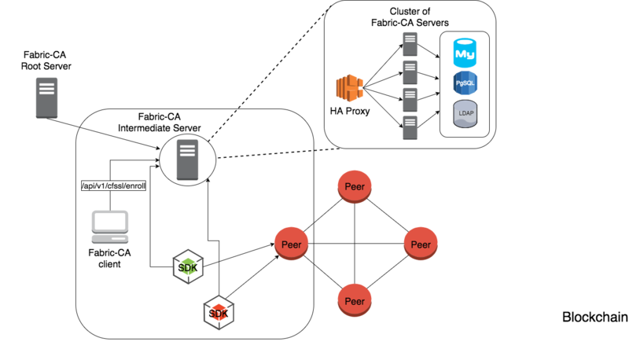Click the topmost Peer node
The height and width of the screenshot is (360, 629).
(x=355, y=187)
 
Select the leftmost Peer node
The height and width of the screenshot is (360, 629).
(x=291, y=243)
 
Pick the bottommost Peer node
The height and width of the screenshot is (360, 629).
(x=355, y=300)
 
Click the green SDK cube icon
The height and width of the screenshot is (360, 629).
(x=188, y=267)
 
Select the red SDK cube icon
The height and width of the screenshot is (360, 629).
(x=219, y=313)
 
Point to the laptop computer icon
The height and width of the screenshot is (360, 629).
(x=110, y=226)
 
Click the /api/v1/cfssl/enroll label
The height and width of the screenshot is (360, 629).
(x=114, y=186)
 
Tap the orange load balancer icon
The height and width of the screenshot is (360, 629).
(x=350, y=87)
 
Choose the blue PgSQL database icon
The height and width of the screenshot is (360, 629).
(x=465, y=83)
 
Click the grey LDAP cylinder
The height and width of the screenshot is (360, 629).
(x=465, y=114)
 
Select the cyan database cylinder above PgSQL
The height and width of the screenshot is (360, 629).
(x=465, y=53)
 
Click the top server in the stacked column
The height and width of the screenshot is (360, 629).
(x=410, y=43)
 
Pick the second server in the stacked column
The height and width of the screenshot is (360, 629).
(x=410, y=72)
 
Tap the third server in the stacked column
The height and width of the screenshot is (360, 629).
(x=410, y=100)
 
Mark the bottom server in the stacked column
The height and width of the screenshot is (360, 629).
(x=410, y=128)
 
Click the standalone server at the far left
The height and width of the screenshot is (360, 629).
(x=46, y=97)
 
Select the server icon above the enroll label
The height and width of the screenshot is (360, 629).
(x=187, y=160)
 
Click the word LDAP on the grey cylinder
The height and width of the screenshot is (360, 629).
(x=465, y=113)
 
